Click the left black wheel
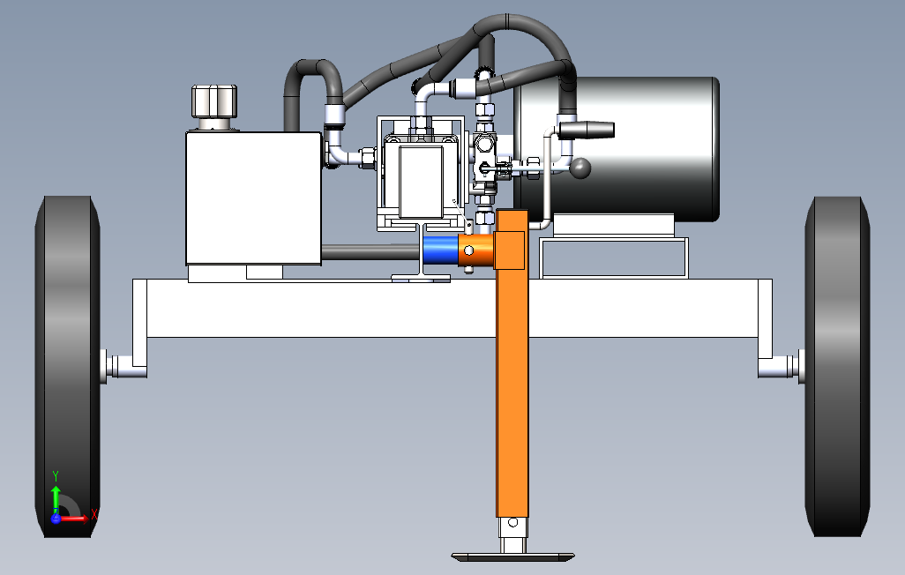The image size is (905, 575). tap(67, 366)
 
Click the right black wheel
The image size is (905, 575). tap(837, 366)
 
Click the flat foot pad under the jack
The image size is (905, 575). tap(512, 556)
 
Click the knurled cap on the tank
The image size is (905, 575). tap(214, 101)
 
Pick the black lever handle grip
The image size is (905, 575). tap(586, 130)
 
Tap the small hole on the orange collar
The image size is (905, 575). tap(469, 251)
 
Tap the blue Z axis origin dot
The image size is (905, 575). tap(56, 518)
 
